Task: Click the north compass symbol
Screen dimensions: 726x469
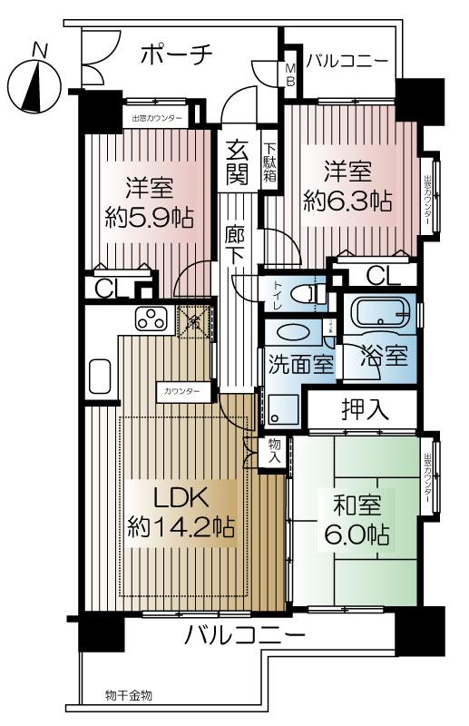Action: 34,83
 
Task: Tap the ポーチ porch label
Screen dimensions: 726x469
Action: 177,55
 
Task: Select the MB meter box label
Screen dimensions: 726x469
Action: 291,74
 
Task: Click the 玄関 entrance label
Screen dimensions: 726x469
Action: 238,161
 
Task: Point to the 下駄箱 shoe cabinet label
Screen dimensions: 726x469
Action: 270,162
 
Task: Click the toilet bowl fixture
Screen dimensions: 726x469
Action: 313,293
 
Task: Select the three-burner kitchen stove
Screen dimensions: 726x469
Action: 151,319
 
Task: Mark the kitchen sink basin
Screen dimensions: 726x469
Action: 101,375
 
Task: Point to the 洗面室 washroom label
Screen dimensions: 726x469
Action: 300,364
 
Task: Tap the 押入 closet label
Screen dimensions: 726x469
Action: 366,409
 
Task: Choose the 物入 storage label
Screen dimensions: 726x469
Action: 274,451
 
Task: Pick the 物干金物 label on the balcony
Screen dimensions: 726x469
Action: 127,695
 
